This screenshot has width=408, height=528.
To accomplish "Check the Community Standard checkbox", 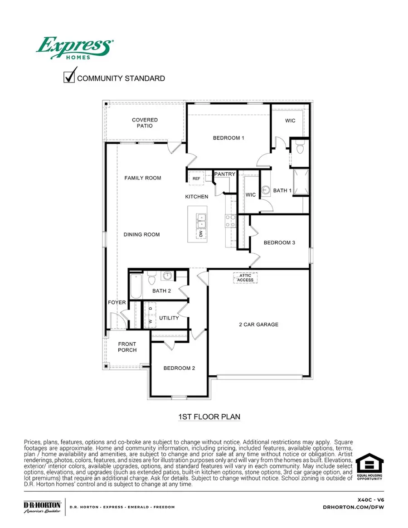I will click(x=69, y=78).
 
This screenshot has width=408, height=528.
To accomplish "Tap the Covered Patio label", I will click(x=145, y=123).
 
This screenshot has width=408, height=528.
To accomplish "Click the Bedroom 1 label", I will click(x=228, y=138).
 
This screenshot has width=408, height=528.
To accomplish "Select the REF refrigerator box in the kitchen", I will click(x=196, y=179).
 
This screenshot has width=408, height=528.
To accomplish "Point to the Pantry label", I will click(x=225, y=174).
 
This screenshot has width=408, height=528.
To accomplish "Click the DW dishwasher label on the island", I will click(x=200, y=234).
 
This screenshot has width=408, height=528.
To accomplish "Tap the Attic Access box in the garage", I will click(x=246, y=277).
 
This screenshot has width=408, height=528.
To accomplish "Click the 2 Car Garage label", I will click(x=258, y=325).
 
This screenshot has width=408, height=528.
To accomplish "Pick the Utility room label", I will click(x=169, y=318).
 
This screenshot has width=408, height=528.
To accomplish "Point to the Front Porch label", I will click(x=127, y=347).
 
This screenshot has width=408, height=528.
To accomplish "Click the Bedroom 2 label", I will click(x=179, y=368).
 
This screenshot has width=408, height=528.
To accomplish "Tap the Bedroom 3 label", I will click(x=279, y=243).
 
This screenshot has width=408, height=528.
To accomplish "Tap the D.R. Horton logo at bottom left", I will click(x=42, y=507).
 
